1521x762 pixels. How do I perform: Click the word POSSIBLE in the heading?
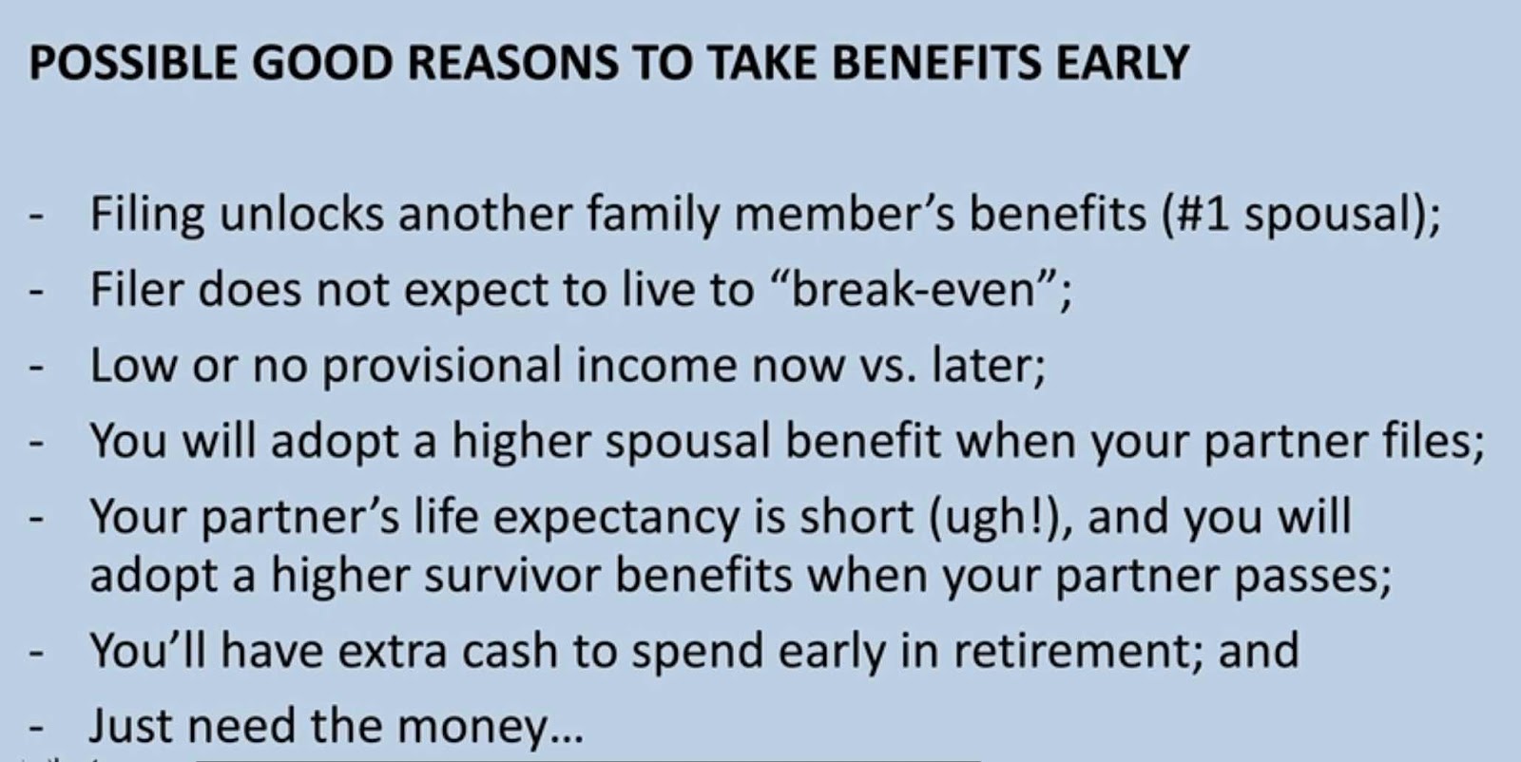[133, 63]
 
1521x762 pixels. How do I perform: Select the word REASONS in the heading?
[513, 63]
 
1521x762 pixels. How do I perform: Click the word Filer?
[137, 289]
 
